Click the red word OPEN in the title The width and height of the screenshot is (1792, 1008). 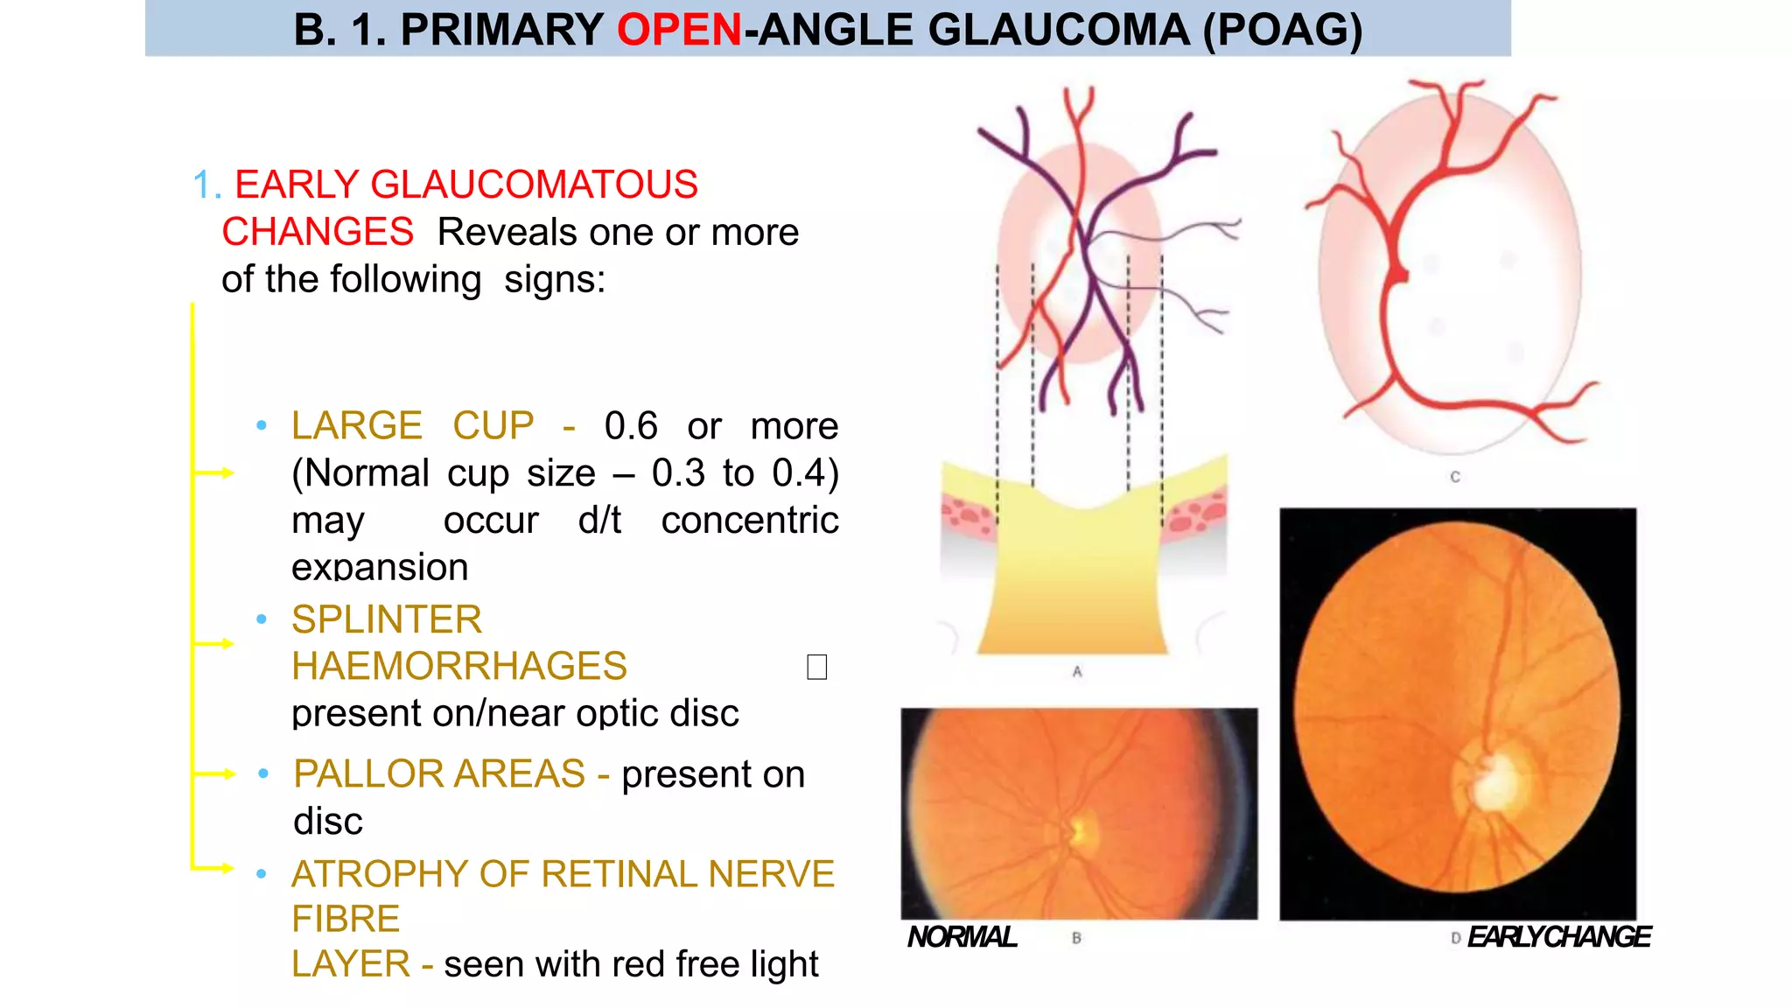(x=679, y=30)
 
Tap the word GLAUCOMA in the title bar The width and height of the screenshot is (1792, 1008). (x=1058, y=30)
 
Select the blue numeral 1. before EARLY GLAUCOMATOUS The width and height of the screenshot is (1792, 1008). (x=206, y=185)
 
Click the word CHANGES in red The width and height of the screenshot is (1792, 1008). (x=318, y=233)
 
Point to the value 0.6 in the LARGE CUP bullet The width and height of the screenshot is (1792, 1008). (x=631, y=426)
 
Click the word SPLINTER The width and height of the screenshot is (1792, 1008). (x=387, y=619)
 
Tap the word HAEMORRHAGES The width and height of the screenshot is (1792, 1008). (x=459, y=667)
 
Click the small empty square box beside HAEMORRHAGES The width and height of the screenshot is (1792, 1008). (x=816, y=668)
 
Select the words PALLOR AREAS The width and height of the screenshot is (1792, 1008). (x=439, y=774)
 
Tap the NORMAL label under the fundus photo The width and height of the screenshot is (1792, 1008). (x=962, y=937)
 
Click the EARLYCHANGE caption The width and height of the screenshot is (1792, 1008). (x=1558, y=937)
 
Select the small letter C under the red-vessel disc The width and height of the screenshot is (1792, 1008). (x=1455, y=477)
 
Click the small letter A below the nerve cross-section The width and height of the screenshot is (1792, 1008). (x=1077, y=672)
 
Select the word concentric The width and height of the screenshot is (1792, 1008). (x=750, y=521)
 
